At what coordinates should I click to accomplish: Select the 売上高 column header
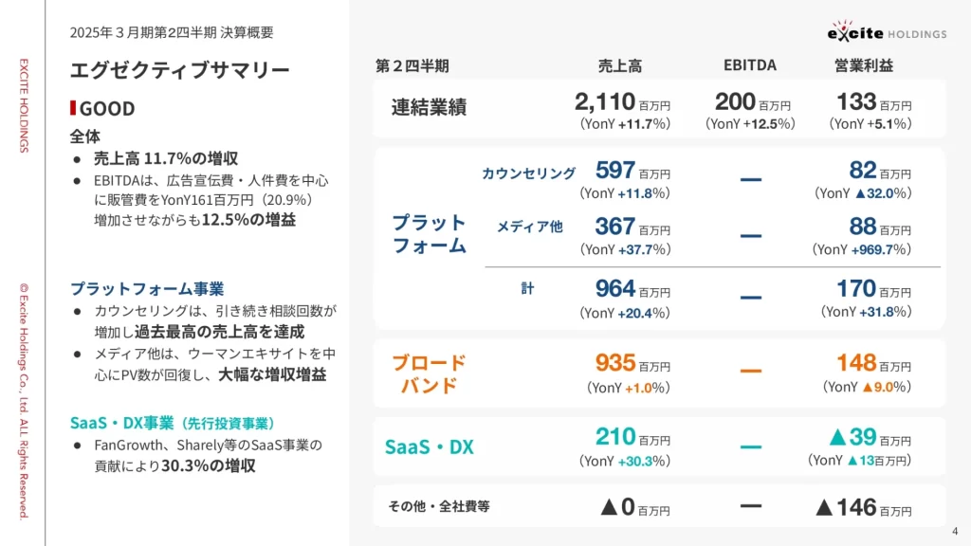click(619, 65)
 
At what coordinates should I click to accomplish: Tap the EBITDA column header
click(749, 65)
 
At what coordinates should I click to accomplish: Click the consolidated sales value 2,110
click(605, 101)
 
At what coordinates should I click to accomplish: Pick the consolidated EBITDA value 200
click(735, 101)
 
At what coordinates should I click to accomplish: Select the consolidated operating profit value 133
click(856, 101)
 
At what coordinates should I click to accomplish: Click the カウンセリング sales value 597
click(615, 171)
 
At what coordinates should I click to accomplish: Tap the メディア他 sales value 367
click(615, 227)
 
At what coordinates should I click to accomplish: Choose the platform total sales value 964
click(615, 289)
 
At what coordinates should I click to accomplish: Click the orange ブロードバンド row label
click(430, 373)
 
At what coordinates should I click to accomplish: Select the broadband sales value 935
click(615, 363)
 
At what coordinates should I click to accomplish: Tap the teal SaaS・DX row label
click(429, 446)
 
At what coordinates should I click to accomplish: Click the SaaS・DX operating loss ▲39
click(852, 436)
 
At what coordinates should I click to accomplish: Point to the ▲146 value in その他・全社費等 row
click(846, 507)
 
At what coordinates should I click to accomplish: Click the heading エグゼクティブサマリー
click(180, 70)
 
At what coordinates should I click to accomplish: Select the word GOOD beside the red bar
click(106, 108)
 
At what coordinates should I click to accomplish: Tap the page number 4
click(955, 531)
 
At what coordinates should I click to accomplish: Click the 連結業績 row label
click(429, 107)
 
